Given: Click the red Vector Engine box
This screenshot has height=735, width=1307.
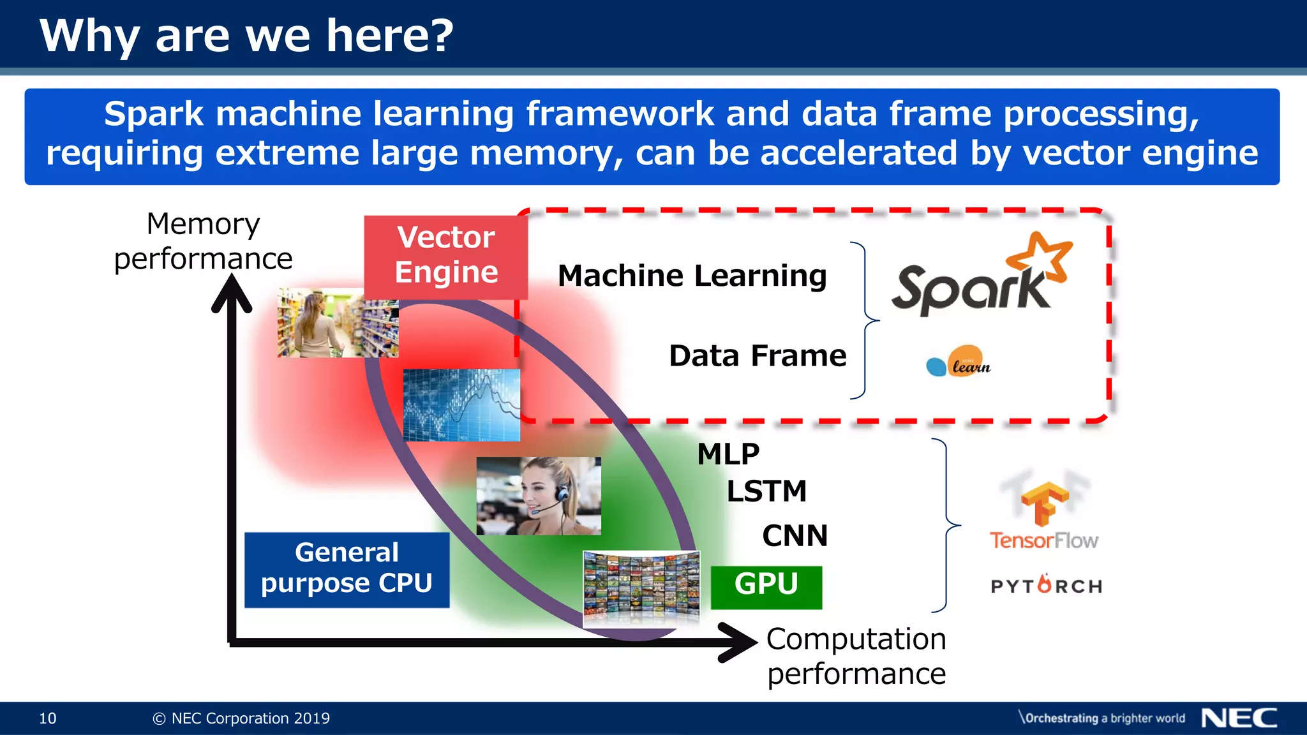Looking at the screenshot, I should point(445,256).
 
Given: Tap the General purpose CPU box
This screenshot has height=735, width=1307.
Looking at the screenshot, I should point(347,569).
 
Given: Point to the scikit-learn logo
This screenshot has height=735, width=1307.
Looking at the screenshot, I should point(959,362).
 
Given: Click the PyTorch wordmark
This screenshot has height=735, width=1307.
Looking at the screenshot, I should point(1046,585).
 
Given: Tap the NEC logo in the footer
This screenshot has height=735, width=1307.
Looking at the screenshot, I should point(1239,718).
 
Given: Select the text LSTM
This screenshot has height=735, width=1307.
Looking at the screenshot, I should point(766,491).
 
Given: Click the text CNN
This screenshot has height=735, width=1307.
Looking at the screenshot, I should point(795,536).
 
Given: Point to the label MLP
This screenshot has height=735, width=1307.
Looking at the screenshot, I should point(728,454).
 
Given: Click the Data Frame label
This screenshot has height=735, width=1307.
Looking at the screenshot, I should point(758,356).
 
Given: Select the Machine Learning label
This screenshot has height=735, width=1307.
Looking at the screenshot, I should point(692,276).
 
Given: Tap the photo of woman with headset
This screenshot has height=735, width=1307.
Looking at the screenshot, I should point(538,496).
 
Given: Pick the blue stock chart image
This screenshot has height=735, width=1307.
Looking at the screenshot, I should point(461,405).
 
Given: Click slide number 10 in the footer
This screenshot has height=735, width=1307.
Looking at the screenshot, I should point(48,718).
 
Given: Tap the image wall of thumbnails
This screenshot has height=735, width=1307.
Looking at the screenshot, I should point(641,589).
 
